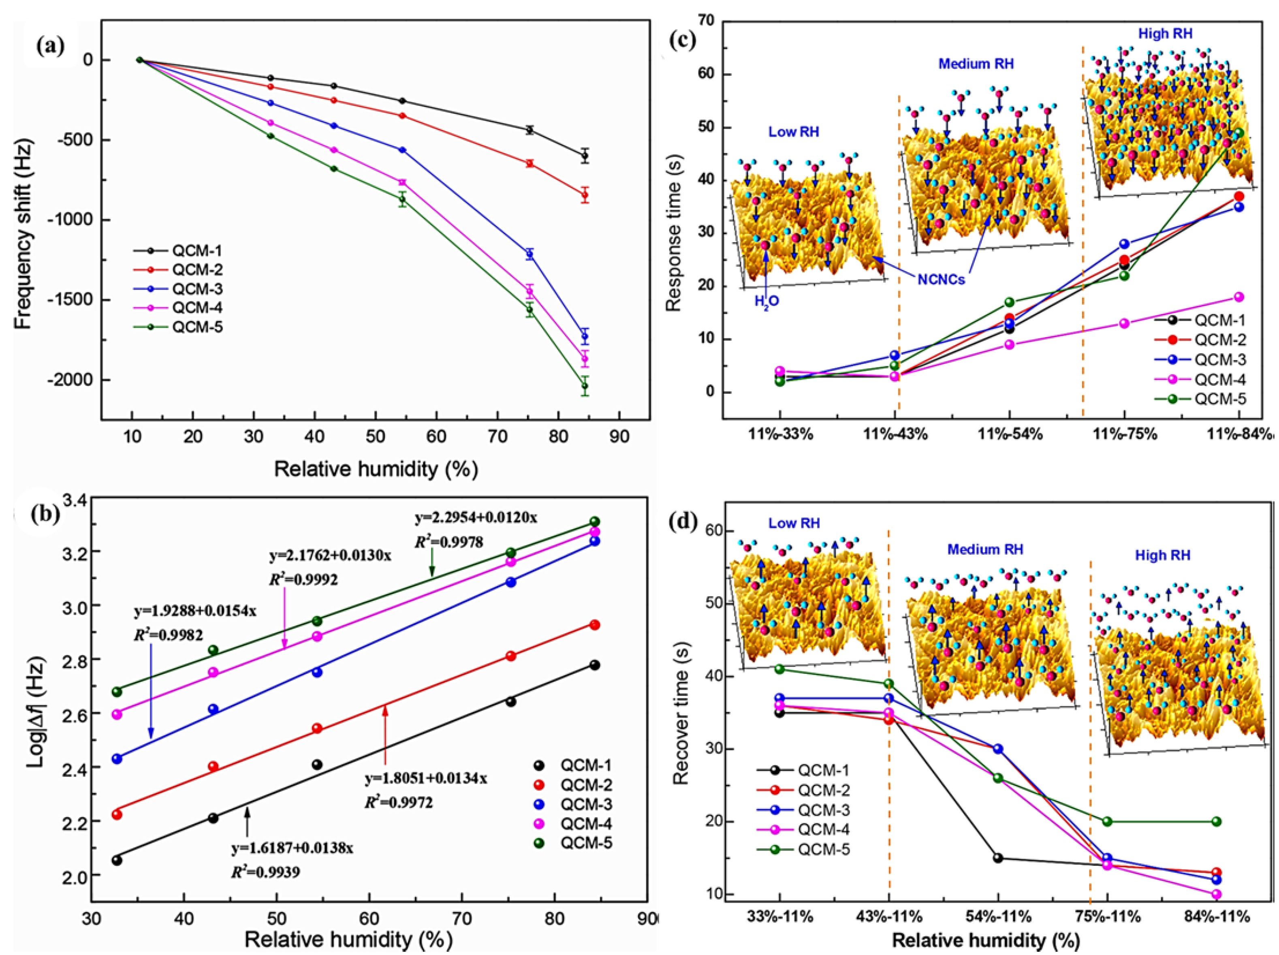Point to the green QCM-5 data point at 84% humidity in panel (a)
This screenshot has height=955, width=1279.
pyautogui.click(x=585, y=386)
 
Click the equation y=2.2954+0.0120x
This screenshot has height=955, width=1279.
pyautogui.click(x=475, y=518)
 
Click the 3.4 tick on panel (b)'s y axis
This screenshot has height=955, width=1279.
pyautogui.click(x=70, y=501)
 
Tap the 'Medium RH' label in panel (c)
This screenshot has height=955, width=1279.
pyautogui.click(x=976, y=64)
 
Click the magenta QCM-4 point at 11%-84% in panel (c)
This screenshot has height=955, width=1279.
pyautogui.click(x=1238, y=297)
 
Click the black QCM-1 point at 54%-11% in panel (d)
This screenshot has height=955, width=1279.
pyautogui.click(x=998, y=858)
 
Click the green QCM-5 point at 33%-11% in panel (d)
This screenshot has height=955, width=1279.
pyautogui.click(x=779, y=669)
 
